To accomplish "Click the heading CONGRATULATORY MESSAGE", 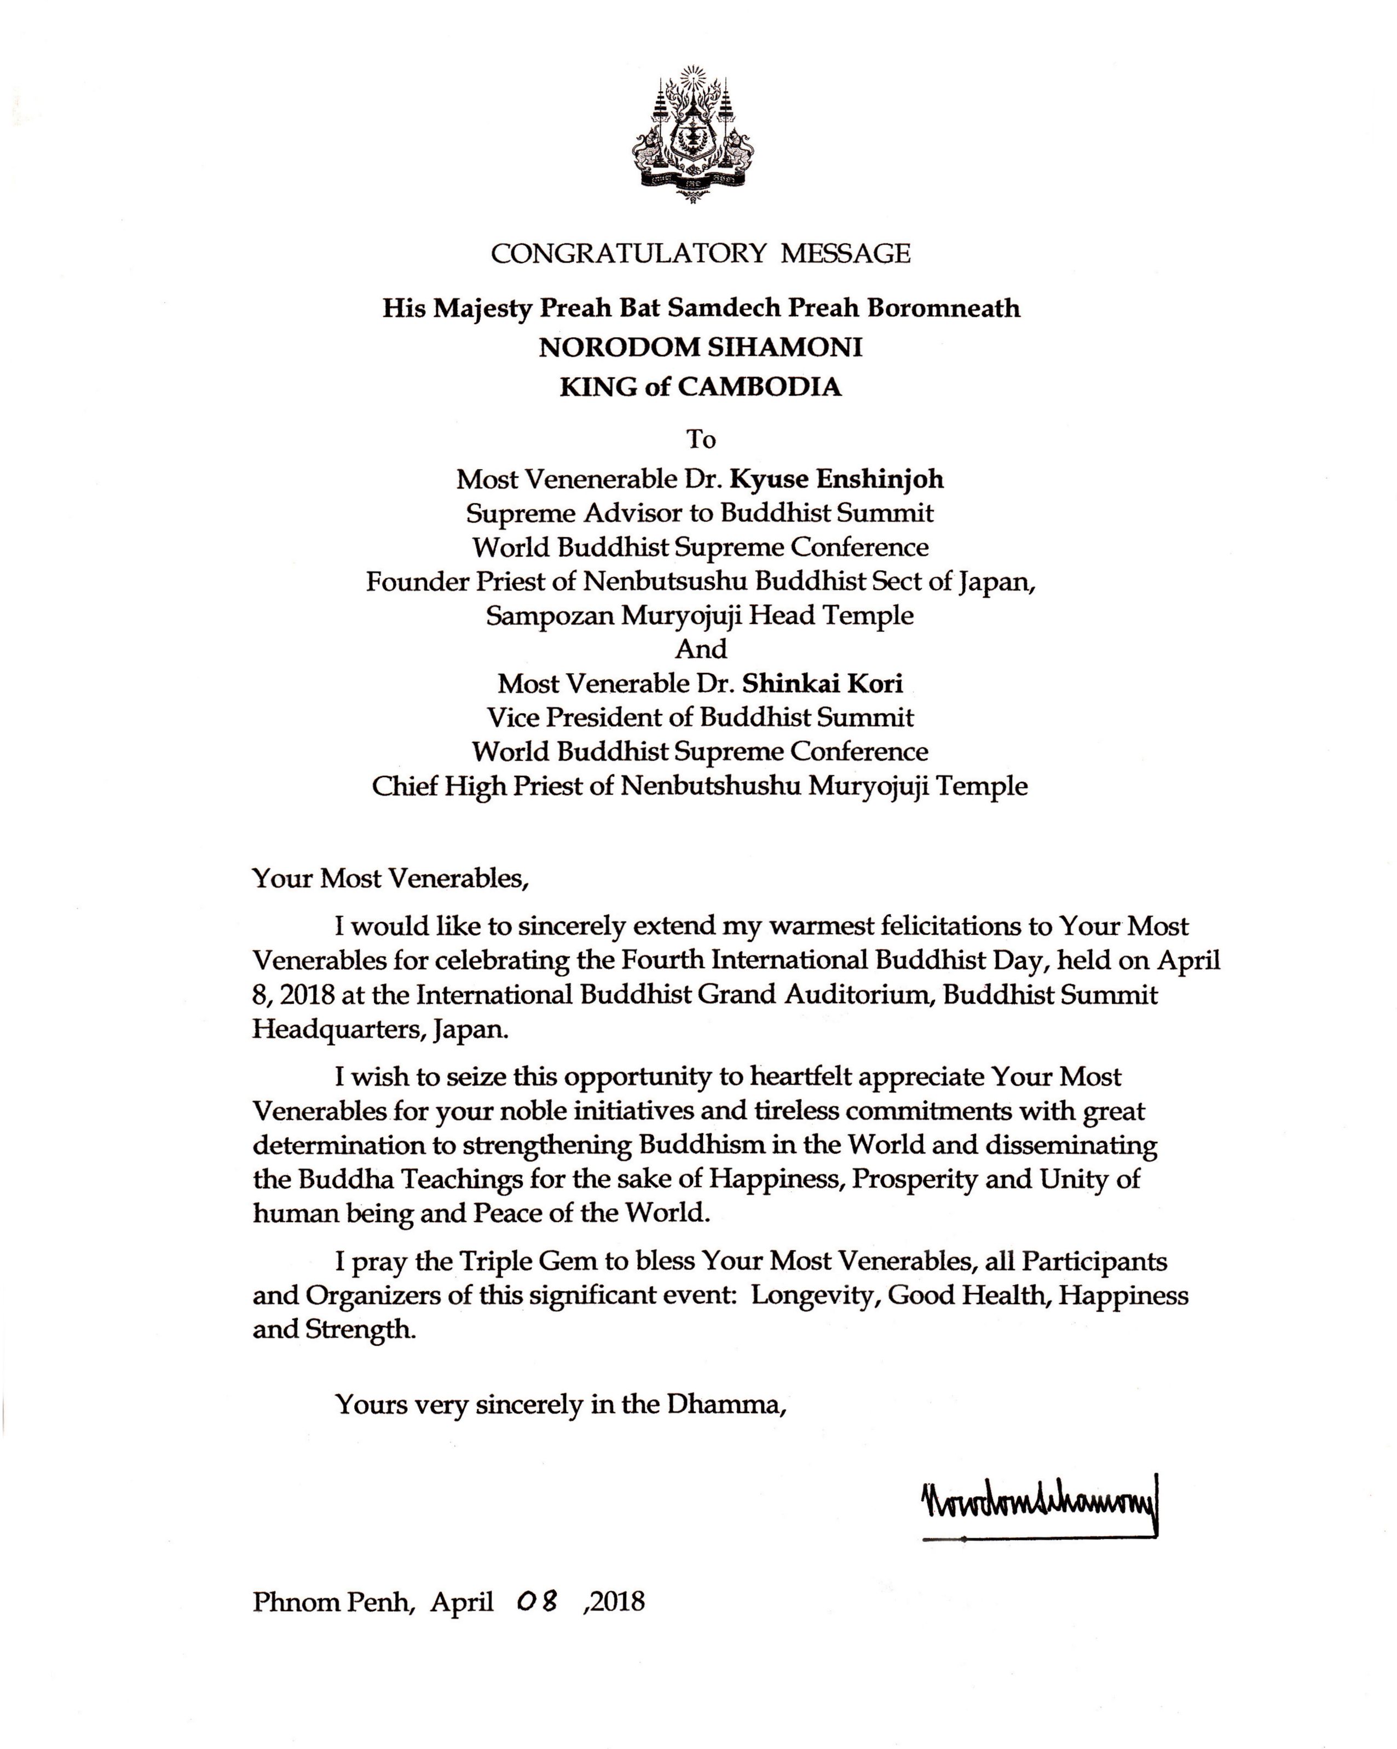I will click(700, 253).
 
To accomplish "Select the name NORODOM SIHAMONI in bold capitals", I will click(700, 347).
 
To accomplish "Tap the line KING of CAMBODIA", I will click(700, 386).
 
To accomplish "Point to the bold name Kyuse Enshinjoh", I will click(836, 479).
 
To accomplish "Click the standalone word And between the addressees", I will click(701, 649).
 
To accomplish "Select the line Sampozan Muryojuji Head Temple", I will click(700, 615).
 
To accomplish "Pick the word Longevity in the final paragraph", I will click(815, 1295).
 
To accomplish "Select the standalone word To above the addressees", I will click(701, 439).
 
